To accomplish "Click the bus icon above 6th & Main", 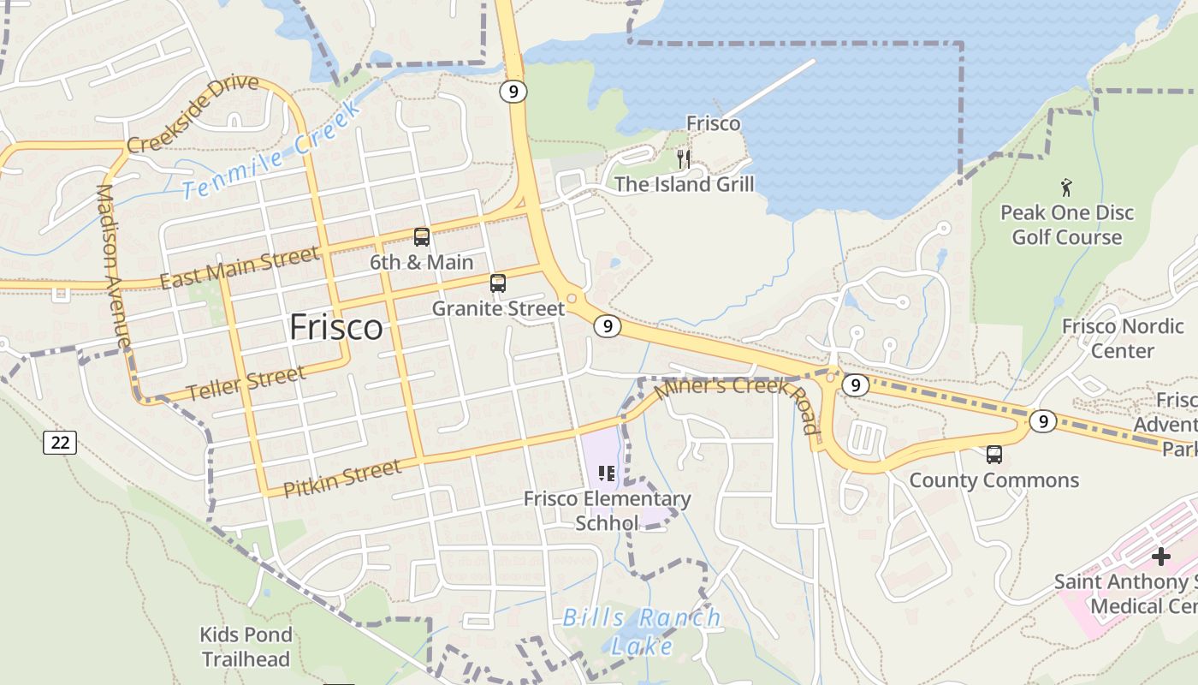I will pyautogui.click(x=421, y=237).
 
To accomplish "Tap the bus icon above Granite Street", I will pyautogui.click(x=497, y=283).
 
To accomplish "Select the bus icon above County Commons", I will pyautogui.click(x=993, y=455).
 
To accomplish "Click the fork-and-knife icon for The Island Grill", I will pyautogui.click(x=683, y=158).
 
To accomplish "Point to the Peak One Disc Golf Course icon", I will pyautogui.click(x=1066, y=187).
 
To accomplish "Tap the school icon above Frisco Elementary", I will pyautogui.click(x=607, y=473).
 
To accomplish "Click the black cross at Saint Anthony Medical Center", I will pyautogui.click(x=1160, y=557).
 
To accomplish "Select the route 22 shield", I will pyautogui.click(x=60, y=443).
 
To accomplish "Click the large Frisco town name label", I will pyautogui.click(x=335, y=327).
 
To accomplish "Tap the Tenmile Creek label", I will pyautogui.click(x=271, y=151).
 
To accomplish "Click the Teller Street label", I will pyautogui.click(x=246, y=384).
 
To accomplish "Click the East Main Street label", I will pyautogui.click(x=239, y=267).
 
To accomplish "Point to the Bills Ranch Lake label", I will pyautogui.click(x=642, y=631).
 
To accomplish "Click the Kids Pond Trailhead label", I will pyautogui.click(x=246, y=646).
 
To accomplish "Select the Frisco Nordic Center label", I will pyautogui.click(x=1123, y=338).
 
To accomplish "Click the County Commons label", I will pyautogui.click(x=993, y=480).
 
